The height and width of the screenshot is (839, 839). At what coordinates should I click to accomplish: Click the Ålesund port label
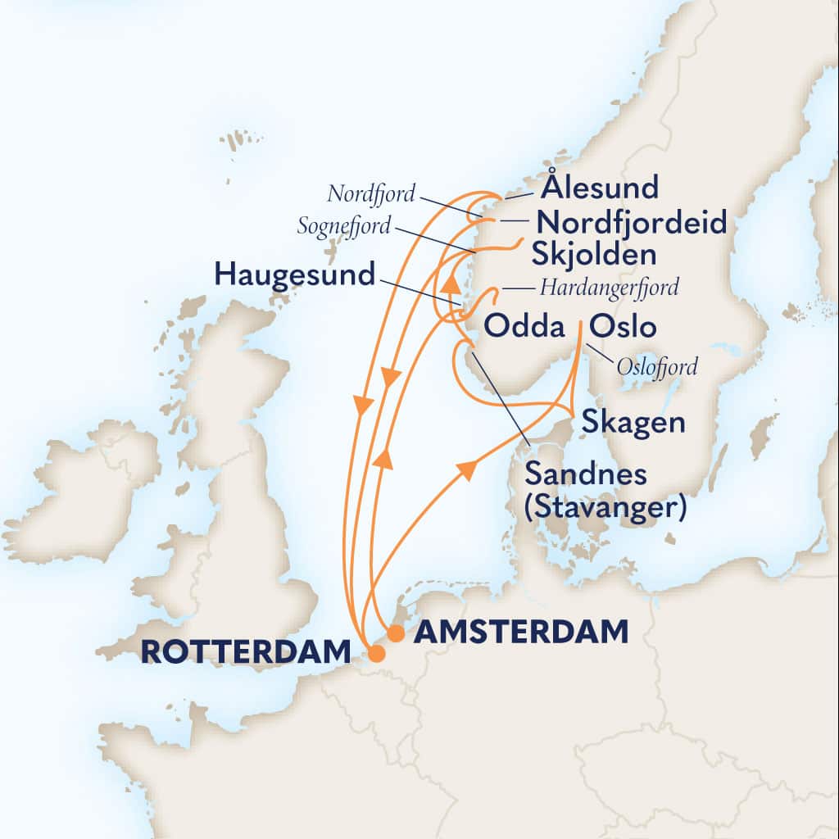(x=601, y=188)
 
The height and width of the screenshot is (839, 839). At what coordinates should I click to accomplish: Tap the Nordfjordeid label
(x=630, y=222)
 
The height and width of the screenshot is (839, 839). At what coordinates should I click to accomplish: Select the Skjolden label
(x=593, y=255)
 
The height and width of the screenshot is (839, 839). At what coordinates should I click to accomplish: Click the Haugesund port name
(x=294, y=274)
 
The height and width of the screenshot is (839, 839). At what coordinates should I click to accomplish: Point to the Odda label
(x=525, y=328)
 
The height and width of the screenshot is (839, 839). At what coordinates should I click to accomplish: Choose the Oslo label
(x=624, y=328)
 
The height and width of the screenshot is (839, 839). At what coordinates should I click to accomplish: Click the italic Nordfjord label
(x=370, y=194)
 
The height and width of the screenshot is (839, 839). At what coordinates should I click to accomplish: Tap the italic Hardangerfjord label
(x=611, y=288)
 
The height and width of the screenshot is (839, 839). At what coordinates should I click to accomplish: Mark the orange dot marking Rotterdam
(x=376, y=654)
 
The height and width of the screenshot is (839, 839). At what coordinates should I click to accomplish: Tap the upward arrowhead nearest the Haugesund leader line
(x=450, y=284)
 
